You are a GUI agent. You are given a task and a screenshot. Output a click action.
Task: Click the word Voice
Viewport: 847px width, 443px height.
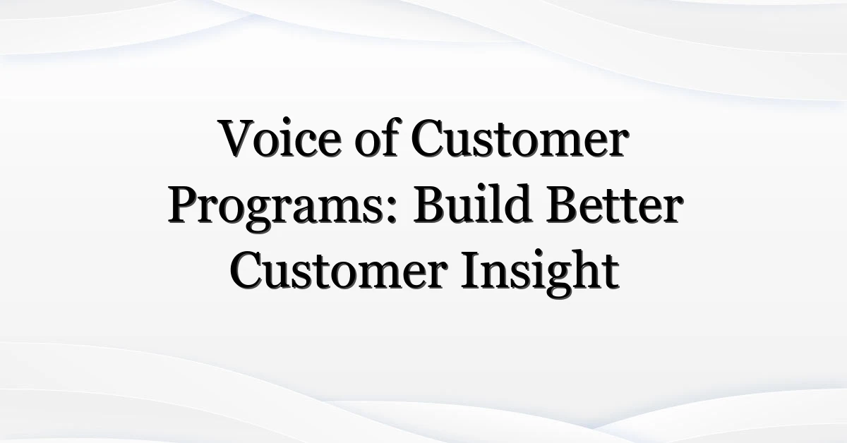[281, 138]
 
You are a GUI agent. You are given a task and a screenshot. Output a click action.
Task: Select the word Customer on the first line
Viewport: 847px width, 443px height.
[521, 139]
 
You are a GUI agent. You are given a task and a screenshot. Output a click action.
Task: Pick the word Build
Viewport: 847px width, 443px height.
[473, 204]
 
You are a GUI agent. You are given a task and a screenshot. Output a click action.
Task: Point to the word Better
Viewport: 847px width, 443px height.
[614, 204]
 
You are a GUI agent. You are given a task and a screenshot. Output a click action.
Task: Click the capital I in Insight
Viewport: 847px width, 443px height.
[470, 270]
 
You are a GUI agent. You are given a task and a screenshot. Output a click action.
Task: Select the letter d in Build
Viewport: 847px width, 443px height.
[518, 204]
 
